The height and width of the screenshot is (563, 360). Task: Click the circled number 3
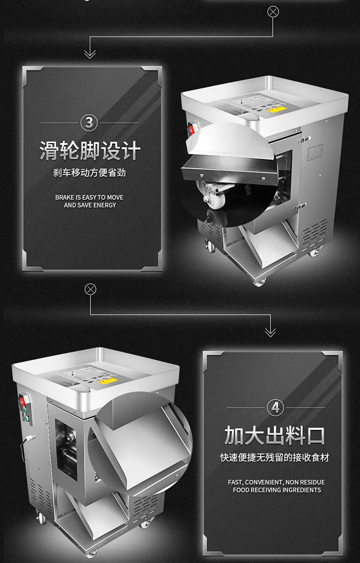[x=89, y=123]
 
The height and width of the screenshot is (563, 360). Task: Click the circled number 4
[x=275, y=408]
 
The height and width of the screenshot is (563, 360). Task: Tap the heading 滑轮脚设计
[x=90, y=150]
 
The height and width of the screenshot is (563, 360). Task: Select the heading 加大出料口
[x=274, y=435]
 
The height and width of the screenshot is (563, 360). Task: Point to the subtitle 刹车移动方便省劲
[x=89, y=173]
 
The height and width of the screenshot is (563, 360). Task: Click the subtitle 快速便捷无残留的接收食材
[x=275, y=458]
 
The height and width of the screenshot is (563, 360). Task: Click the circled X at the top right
[x=273, y=12]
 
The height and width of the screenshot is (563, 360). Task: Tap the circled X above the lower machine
[x=90, y=289]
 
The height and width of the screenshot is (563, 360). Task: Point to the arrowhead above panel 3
[x=90, y=54]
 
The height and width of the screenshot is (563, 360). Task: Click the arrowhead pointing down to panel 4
[x=270, y=333]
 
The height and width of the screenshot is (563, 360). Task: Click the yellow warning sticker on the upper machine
[x=277, y=109]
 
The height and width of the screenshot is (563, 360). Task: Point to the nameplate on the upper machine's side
[x=315, y=152]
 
